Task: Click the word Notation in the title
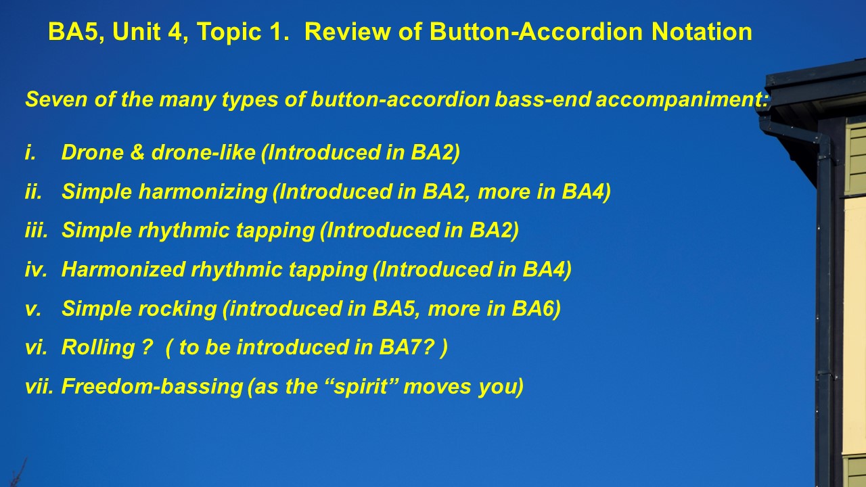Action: [702, 31]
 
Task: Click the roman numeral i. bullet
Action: [30, 152]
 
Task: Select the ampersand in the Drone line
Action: [137, 152]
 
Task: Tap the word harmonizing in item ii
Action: [203, 191]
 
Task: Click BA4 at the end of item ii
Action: [586, 191]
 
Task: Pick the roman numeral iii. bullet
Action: [37, 231]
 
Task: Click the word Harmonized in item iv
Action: [123, 269]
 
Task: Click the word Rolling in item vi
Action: [98, 347]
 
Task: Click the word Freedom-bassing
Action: [152, 386]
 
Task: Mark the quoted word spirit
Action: [361, 386]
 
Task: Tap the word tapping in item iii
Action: [275, 231]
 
